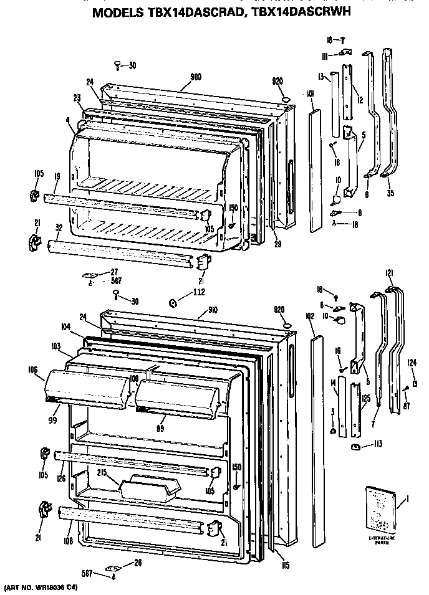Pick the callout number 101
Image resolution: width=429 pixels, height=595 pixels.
point(310,94)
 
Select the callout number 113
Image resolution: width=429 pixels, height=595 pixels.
point(378,445)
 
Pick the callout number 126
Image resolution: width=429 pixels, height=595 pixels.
point(61,479)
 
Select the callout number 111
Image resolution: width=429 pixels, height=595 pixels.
point(325,56)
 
